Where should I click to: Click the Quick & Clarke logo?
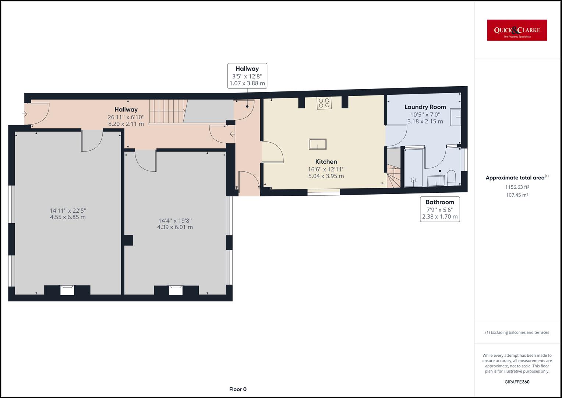coord(517,30)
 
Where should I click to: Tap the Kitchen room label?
coord(326,162)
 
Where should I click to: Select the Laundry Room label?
coord(425,107)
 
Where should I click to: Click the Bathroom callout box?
coord(440,209)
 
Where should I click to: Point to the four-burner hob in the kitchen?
coord(324,103)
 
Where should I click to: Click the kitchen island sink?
coord(318,144)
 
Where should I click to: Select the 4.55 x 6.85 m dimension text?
coord(68,217)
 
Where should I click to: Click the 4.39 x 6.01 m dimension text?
coord(175,227)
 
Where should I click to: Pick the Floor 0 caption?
coord(238,389)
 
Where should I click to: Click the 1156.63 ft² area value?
coord(517,187)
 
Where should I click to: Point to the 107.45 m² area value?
coord(517,195)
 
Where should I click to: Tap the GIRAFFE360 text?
coord(517,382)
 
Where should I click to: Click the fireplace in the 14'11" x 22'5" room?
coord(67,290)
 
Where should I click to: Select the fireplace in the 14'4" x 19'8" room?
coord(176,290)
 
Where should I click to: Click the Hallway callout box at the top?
coord(247,76)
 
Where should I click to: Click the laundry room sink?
coord(455,117)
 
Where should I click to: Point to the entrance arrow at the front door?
coord(25,114)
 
